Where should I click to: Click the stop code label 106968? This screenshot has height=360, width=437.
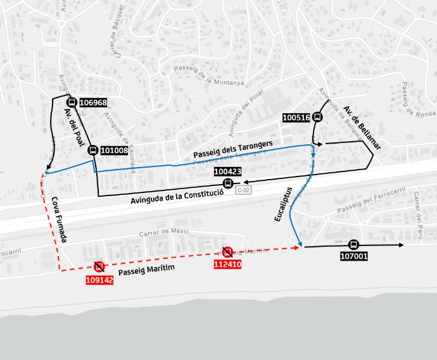[93, 102]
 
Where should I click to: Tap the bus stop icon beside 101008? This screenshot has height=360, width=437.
[92, 151]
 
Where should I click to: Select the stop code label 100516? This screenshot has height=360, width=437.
[296, 117]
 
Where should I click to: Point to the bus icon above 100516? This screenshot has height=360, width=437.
[317, 116]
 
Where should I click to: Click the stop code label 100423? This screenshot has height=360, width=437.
[228, 171]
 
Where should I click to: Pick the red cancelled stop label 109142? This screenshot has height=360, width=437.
[99, 280]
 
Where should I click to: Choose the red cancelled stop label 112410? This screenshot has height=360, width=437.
[227, 264]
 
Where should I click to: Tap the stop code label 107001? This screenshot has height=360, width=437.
[354, 257]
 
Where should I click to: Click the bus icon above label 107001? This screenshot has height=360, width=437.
[353, 245]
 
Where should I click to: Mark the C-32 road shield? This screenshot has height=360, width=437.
[243, 190]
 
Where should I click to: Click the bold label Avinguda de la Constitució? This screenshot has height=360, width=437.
[177, 196]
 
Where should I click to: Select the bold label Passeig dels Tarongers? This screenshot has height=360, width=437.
[232, 149]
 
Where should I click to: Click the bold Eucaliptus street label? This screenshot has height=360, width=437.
[282, 204]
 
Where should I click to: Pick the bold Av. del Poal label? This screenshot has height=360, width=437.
[74, 127]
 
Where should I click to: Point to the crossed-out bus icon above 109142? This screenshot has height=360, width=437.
[99, 266]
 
